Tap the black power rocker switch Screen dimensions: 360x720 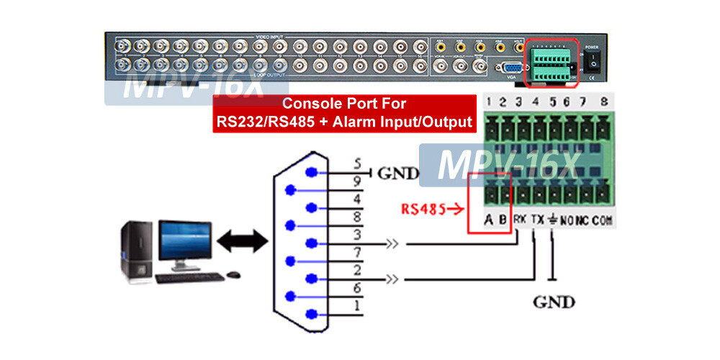[x=592, y=63]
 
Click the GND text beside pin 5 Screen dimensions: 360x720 [x=397, y=174]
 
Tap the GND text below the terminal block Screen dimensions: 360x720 [x=554, y=301]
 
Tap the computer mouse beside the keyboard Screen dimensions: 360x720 [x=233, y=274]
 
